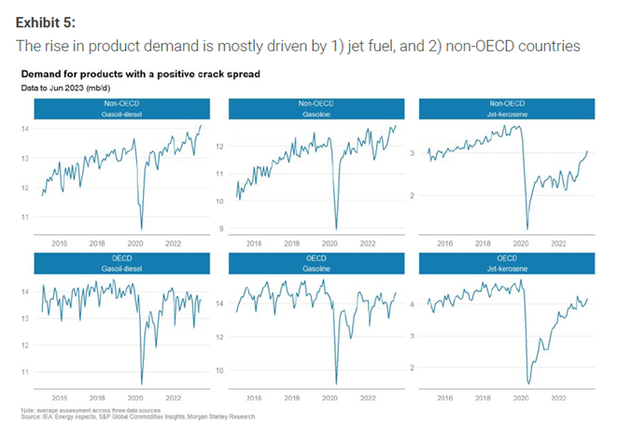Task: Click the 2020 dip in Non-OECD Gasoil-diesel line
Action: (x=142, y=228)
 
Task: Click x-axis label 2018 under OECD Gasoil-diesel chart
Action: (x=96, y=395)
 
